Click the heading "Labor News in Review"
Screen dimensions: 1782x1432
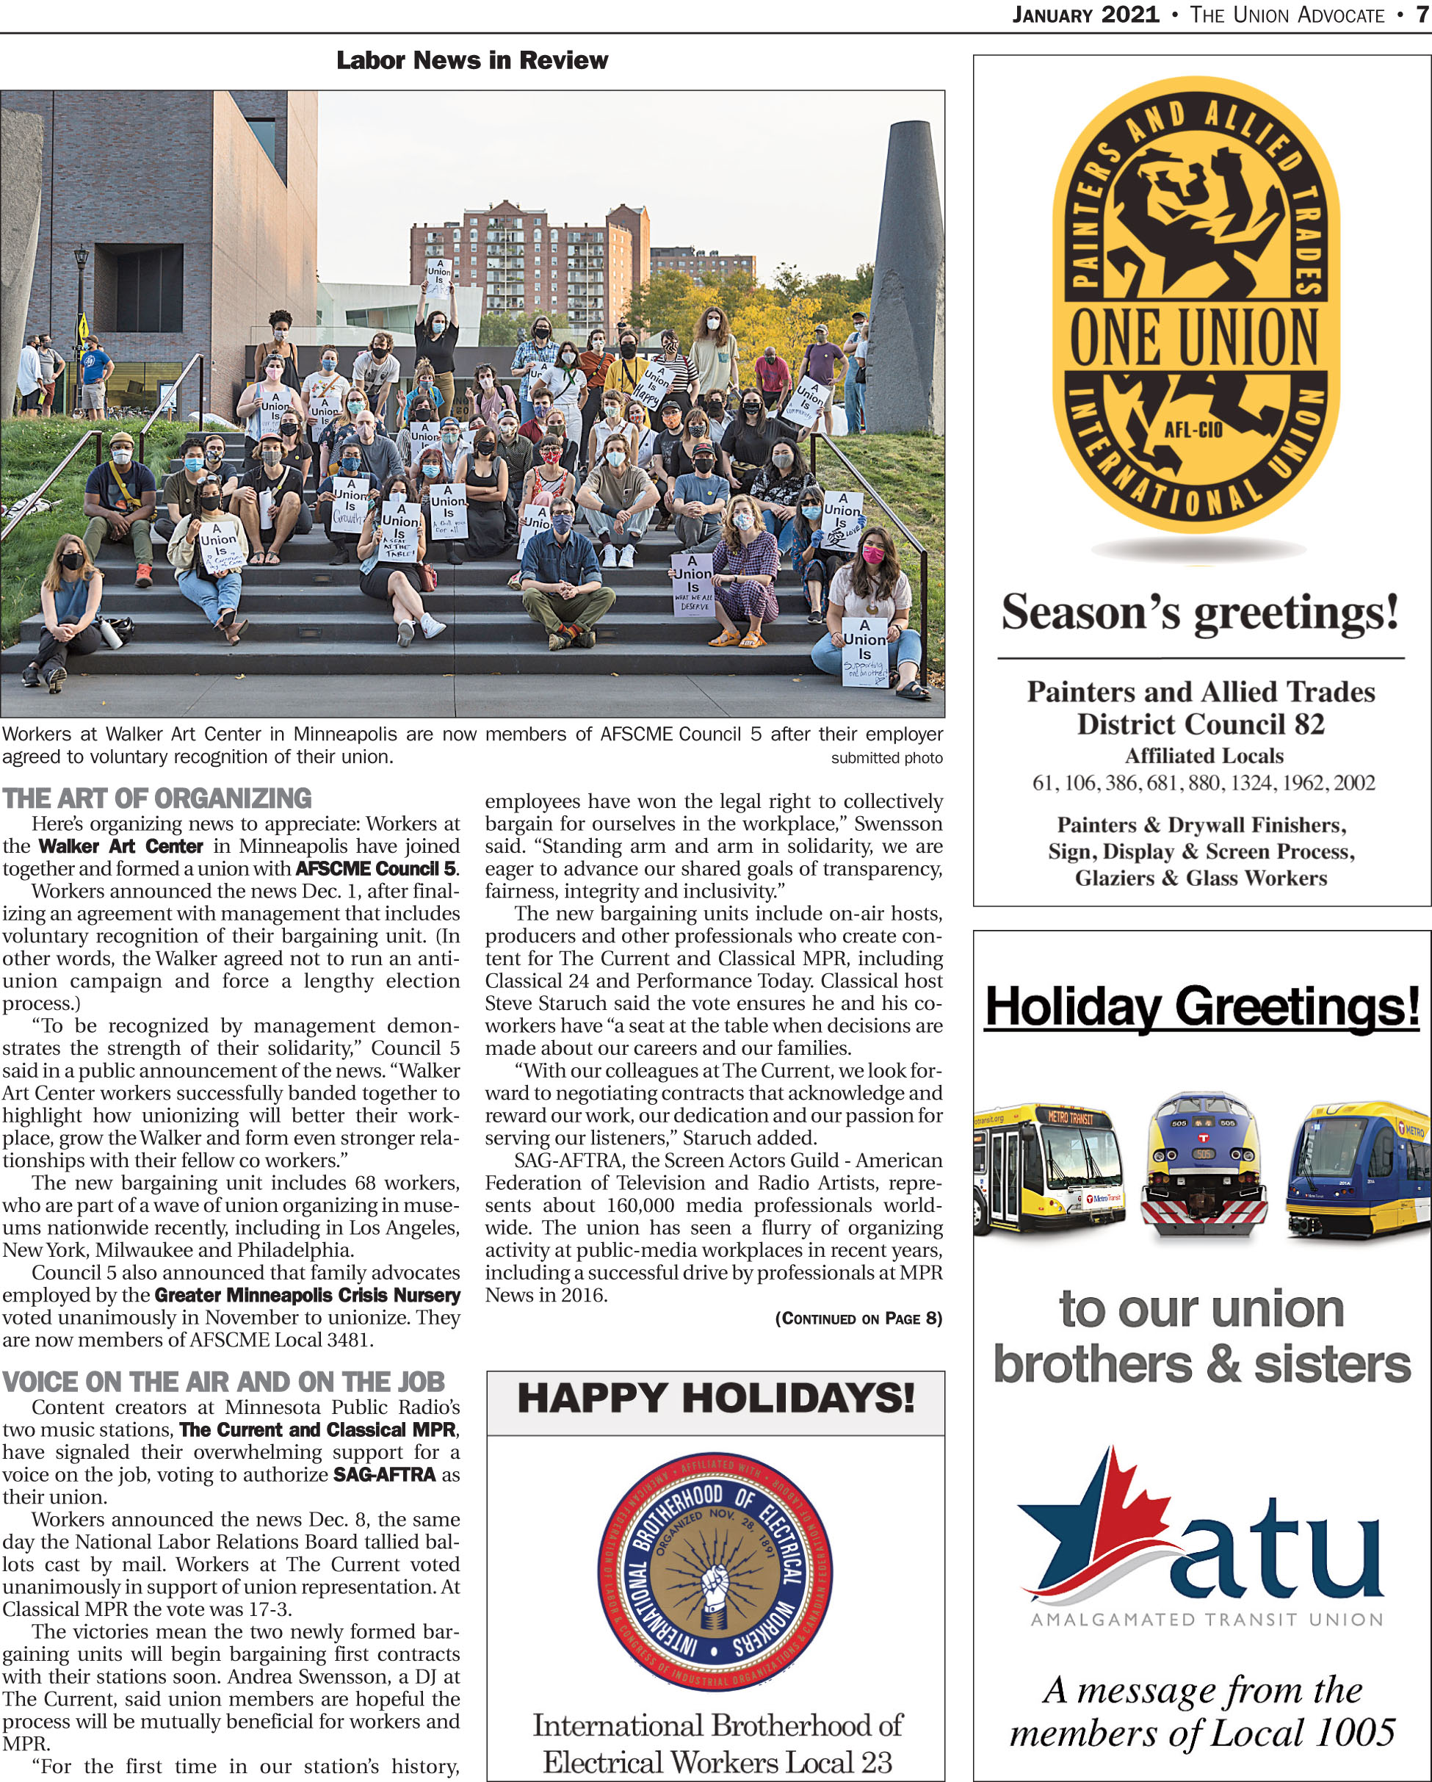pyautogui.click(x=471, y=60)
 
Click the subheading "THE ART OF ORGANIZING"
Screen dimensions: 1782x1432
pyautogui.click(x=157, y=798)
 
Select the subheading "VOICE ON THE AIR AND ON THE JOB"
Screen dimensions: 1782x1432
pyautogui.click(x=223, y=1382)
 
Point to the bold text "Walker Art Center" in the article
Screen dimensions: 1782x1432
pyautogui.click(x=120, y=846)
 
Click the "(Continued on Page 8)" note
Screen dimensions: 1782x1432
pyautogui.click(x=858, y=1318)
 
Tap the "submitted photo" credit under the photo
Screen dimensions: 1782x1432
pyautogui.click(x=886, y=758)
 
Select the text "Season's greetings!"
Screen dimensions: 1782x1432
pyautogui.click(x=1201, y=613)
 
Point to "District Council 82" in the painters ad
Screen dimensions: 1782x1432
pyautogui.click(x=1201, y=724)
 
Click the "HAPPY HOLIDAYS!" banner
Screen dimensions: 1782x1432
pyautogui.click(x=715, y=1399)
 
